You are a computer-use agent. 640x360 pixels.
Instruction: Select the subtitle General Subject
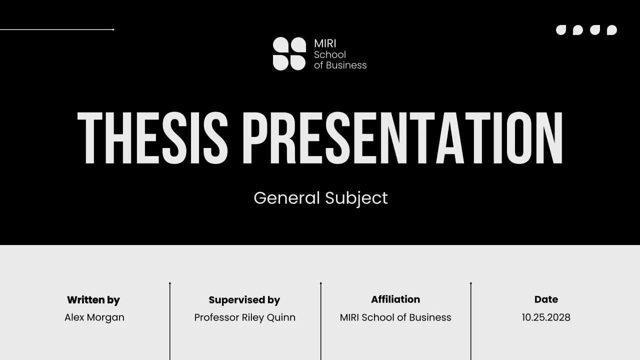pos(320,198)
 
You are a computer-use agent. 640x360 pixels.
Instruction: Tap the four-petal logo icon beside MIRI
pos(289,53)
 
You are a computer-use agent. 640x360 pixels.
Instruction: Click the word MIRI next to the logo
pos(325,43)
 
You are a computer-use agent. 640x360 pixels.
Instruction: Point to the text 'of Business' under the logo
pos(340,65)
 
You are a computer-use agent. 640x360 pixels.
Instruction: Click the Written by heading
pos(93,300)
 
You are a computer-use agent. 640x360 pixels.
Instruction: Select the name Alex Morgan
pos(94,317)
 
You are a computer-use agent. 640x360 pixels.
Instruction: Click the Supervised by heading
pos(244,300)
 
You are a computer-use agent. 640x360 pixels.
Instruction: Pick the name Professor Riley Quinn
pos(244,317)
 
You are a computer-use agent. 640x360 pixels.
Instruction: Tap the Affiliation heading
pos(395,299)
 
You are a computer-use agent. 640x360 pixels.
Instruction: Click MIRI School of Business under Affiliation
pos(395,317)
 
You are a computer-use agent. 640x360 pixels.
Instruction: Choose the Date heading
pos(546,299)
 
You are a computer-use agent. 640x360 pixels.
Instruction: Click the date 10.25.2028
pos(546,317)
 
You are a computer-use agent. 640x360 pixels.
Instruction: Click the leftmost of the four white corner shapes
pos(561,30)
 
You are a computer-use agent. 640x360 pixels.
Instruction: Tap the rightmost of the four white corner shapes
pos(612,30)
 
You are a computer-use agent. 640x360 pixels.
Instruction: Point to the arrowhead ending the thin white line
pos(113,29)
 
